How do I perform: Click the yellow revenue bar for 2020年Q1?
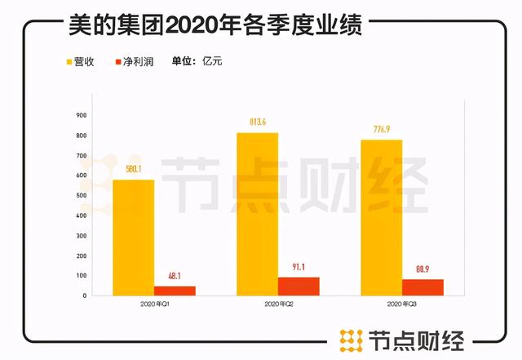coord(133,237)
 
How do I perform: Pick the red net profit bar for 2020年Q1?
coord(175,291)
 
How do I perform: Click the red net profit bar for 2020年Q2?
coord(299,286)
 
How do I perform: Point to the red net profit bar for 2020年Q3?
coord(422,287)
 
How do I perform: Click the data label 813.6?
coord(257,122)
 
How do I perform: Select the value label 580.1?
coord(133,170)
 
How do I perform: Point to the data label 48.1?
coord(175,276)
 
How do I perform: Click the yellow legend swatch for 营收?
coord(69,61)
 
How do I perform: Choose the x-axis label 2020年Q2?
coord(278,304)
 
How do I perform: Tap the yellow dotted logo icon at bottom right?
coord(351,338)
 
